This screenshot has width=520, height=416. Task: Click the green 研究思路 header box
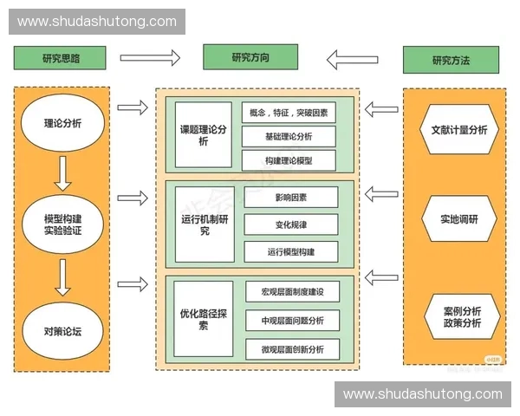(x=60, y=58)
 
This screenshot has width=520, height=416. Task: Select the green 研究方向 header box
(x=250, y=57)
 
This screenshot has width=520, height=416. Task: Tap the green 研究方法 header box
(x=451, y=60)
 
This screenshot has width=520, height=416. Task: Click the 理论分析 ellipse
(x=62, y=123)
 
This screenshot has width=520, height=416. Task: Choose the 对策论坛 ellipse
(x=62, y=330)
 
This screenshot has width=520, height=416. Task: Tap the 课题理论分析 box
(x=203, y=134)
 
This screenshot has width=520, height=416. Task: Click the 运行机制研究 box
(x=203, y=224)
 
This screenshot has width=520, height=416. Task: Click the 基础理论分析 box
(x=289, y=136)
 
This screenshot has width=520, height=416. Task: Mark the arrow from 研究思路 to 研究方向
(x=150, y=58)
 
